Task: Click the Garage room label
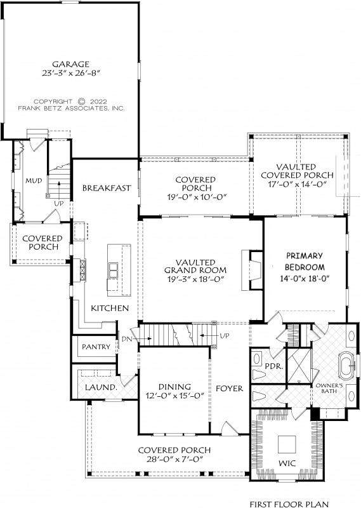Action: [x=70, y=64]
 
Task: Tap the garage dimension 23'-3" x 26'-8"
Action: [x=70, y=73]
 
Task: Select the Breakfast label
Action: [x=107, y=188]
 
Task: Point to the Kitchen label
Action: [x=110, y=308]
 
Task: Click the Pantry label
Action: [x=96, y=347]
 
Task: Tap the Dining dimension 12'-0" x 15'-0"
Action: [x=174, y=396]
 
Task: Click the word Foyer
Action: [x=229, y=389]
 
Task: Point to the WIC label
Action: [x=287, y=464]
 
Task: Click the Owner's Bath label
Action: [x=329, y=389]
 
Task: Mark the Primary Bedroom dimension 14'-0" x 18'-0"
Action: [x=305, y=278]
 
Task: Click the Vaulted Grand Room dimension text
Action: [x=195, y=279]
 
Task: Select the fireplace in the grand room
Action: [x=252, y=269]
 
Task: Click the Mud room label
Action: [x=34, y=180]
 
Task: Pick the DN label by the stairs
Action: [x=127, y=339]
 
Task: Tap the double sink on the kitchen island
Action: [x=114, y=271]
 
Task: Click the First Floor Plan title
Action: [x=289, y=504]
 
